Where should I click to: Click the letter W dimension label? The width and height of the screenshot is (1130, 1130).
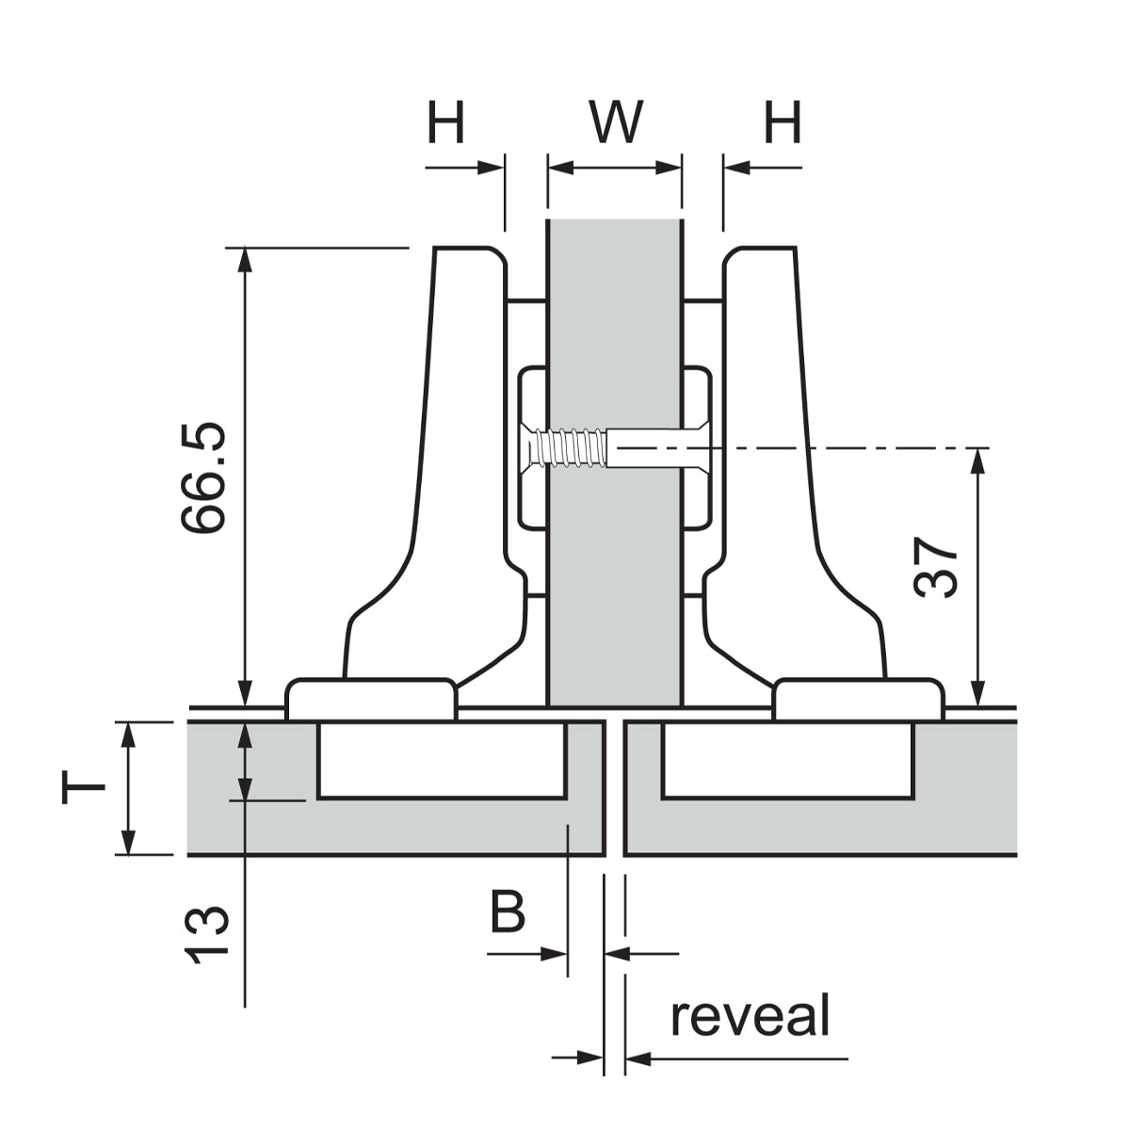coord(615,121)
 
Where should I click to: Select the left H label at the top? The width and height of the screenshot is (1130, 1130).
coord(446,122)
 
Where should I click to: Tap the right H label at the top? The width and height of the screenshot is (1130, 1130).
coord(783,122)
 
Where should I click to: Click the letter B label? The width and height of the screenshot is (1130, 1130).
coord(508,912)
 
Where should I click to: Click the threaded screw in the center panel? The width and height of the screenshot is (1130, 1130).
coord(570,447)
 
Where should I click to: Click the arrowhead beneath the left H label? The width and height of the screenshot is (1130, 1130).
coord(492,169)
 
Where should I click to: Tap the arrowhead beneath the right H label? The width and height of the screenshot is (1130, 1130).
coord(736,169)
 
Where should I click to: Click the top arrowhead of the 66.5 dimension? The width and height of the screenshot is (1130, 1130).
coord(245,260)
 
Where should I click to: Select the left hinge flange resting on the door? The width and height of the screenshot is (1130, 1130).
coord(371,699)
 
